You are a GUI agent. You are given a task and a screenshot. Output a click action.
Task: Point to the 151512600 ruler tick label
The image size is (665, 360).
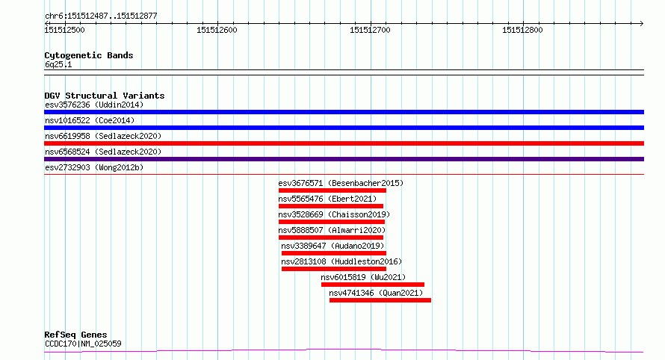tap(217, 30)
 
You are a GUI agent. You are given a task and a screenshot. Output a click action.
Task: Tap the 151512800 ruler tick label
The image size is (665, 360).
tap(522, 30)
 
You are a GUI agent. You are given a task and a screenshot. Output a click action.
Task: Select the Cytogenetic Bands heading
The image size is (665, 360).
tap(89, 55)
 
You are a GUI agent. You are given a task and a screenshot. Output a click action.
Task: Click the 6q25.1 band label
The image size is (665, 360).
tap(58, 64)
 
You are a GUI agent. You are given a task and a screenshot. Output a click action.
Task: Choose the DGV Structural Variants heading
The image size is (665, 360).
tap(105, 96)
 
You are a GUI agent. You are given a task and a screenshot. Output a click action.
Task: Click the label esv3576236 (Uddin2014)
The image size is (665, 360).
tap(94, 105)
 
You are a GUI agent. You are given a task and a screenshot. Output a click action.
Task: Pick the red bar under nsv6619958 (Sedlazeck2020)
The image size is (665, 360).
tap(344, 143)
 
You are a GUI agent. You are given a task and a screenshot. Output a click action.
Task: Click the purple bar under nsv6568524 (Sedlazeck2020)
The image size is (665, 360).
tap(344, 159)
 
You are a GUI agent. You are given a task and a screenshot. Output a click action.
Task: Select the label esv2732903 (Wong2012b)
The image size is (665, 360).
tap(94, 167)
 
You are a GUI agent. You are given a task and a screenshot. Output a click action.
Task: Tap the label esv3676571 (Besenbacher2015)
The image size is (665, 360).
tap(341, 183)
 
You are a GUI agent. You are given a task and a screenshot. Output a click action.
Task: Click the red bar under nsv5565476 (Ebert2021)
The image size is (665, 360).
tap(331, 206)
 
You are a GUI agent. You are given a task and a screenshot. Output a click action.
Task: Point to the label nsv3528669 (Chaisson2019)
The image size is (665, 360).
tap(334, 214)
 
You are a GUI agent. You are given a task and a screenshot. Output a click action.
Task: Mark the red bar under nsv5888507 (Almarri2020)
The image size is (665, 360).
tap(331, 238)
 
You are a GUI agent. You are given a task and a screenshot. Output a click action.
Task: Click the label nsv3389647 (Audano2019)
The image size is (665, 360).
tap(332, 246)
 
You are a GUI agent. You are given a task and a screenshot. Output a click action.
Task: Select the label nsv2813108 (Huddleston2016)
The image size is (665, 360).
tap(341, 261)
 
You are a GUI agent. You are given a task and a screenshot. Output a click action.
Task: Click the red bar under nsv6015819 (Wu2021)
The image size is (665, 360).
tap(373, 285)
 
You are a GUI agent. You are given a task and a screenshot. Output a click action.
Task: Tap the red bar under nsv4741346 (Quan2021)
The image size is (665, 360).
tap(380, 300)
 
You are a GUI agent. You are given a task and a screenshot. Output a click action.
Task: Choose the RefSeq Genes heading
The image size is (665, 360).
tap(75, 335)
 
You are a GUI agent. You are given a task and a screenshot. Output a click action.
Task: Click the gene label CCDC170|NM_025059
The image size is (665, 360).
tap(83, 344)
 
